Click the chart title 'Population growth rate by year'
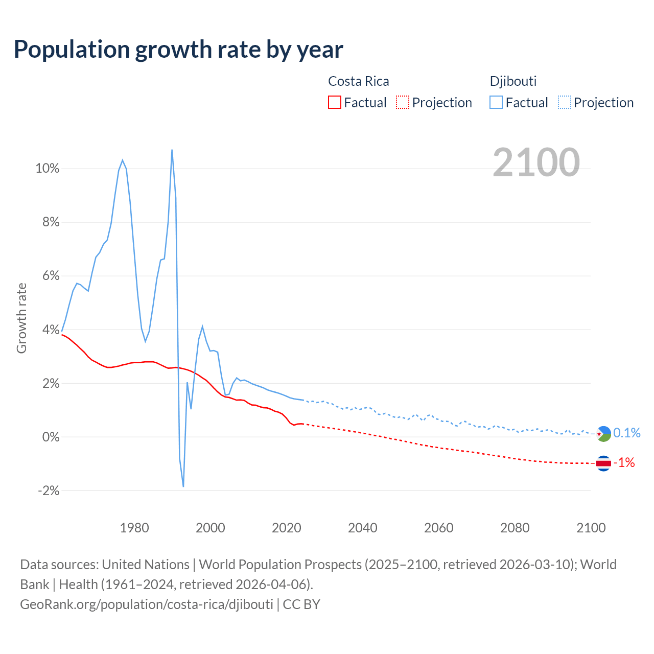pos(178,50)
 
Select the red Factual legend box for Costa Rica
pos(334,102)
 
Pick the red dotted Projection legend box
pos(403,102)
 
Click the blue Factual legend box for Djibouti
pos(496,102)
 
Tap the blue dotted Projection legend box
pos(564,102)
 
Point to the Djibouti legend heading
pos(513,81)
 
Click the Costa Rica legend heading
pos(358,81)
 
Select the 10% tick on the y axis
pos(48,169)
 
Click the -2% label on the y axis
pos(49,491)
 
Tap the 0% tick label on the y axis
pos(51,437)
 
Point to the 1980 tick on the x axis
pos(134,528)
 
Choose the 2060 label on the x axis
pos(438,528)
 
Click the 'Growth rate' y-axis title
pos(21,318)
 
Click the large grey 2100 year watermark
pos(536,162)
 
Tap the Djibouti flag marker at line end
pos(603,434)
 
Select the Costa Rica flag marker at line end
pos(603,463)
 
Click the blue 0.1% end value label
pos(626,433)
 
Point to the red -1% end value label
pos(624,463)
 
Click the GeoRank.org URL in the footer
pos(147,604)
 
